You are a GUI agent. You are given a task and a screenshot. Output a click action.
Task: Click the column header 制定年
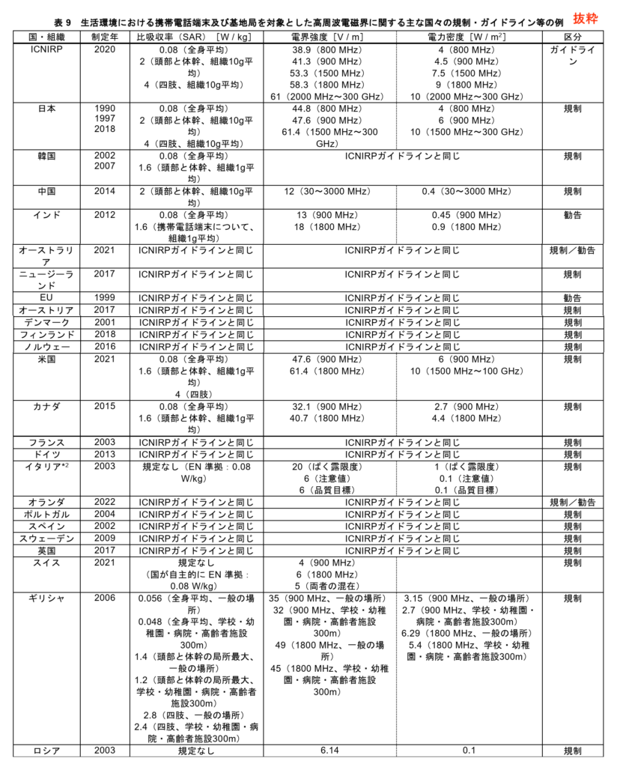coord(104,37)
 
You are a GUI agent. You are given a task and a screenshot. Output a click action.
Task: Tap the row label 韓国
coord(47,157)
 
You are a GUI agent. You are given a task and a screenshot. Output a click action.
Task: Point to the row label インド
coord(47,215)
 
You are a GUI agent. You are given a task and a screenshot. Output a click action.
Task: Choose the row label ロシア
coord(47,751)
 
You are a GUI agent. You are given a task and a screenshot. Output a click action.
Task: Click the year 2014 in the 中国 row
coord(104,191)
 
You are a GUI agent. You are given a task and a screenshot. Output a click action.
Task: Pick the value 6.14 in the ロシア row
coord(329,751)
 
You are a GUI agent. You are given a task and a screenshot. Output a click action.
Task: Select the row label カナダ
coord(47,406)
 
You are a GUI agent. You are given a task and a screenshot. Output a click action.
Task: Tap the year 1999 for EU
coord(104,297)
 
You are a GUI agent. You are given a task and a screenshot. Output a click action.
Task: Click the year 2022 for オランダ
coord(104,502)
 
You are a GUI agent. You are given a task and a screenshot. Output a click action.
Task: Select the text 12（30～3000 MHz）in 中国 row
coord(329,191)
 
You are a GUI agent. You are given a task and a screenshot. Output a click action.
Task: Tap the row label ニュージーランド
coord(47,279)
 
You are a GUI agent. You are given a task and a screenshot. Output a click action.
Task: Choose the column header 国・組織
coord(47,37)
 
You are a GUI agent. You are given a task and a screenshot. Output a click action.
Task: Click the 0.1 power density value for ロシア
coord(469,751)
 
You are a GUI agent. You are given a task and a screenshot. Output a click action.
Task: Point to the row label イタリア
coord(47,467)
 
